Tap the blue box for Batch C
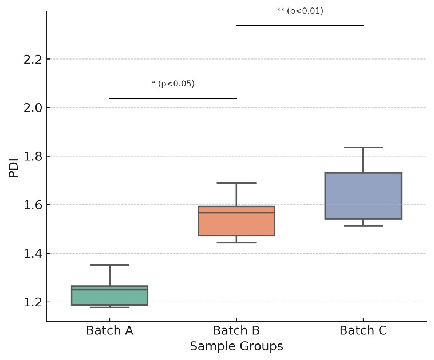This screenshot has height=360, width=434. [x=363, y=196]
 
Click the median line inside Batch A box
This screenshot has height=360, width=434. [x=109, y=290]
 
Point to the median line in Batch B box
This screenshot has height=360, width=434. [x=236, y=213]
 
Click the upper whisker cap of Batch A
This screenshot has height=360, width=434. [x=109, y=264]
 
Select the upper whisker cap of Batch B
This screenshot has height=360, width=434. [x=236, y=183]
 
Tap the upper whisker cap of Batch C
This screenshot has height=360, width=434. [x=363, y=147]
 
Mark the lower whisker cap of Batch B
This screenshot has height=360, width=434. [x=236, y=242]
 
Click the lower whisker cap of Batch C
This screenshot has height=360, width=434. [x=363, y=226]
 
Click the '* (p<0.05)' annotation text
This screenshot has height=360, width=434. [x=173, y=84]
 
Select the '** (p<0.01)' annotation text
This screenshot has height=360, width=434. [x=299, y=11]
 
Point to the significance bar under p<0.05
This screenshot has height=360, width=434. [x=173, y=98]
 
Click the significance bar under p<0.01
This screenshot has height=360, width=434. [x=299, y=26]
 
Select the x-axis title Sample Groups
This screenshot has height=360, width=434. [x=236, y=346]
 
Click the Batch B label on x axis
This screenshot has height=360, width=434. [x=236, y=331]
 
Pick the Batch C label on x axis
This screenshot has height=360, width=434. [x=363, y=331]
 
